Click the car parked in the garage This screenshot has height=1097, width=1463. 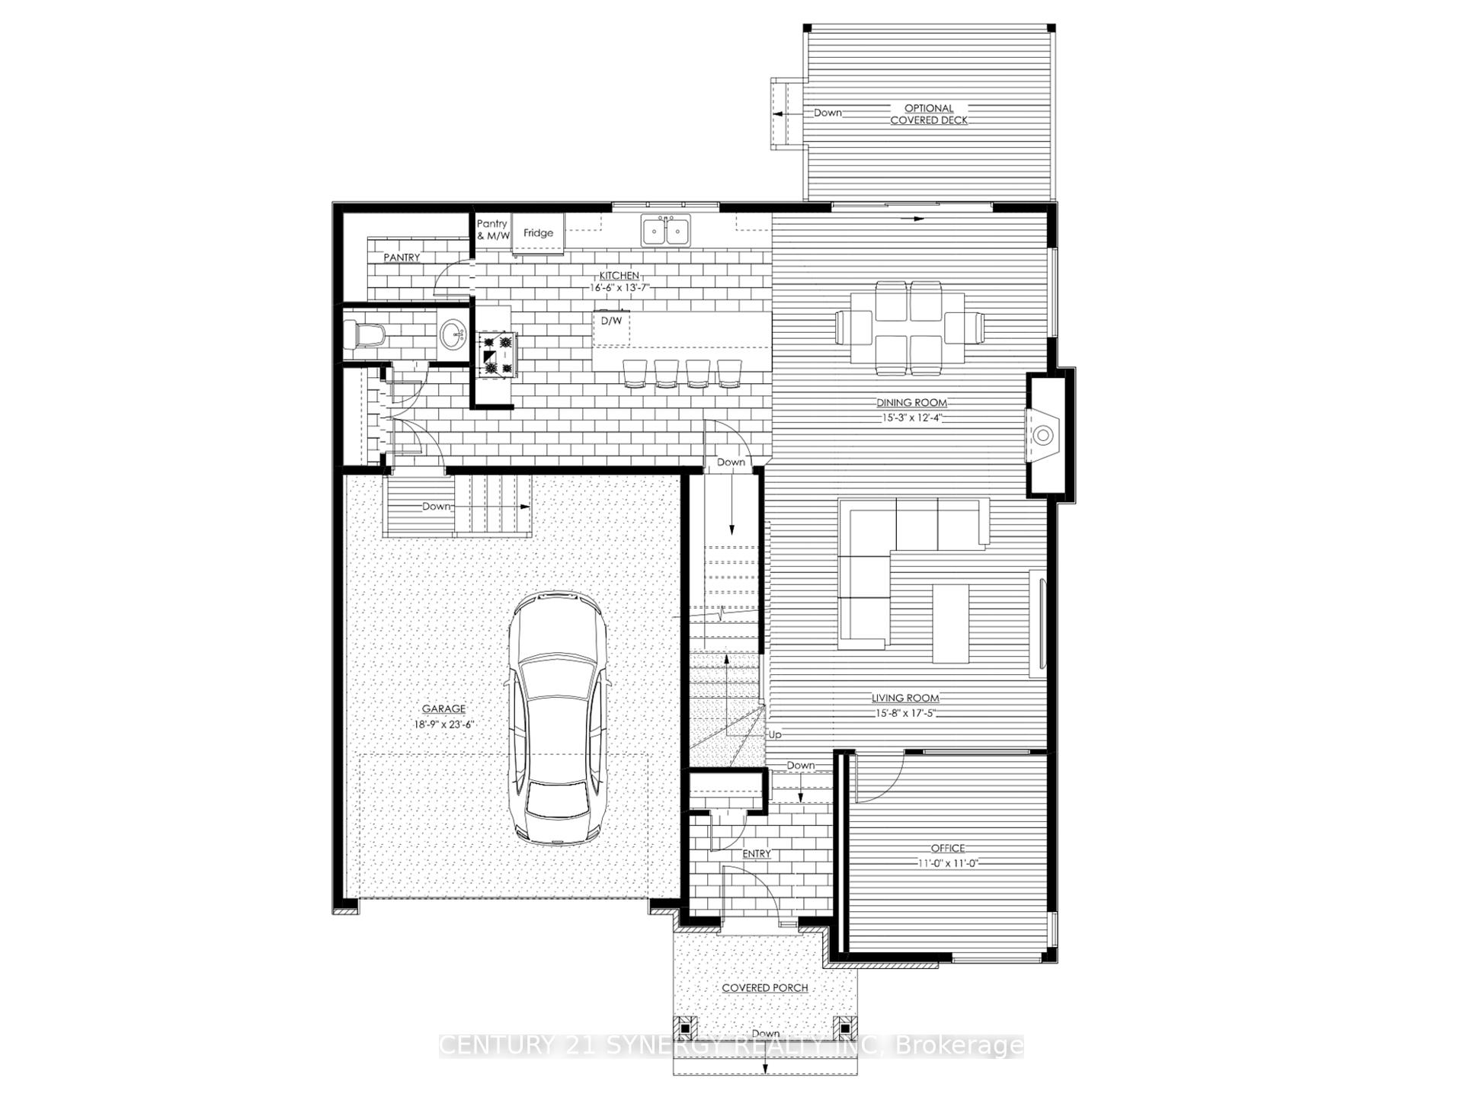pyautogui.click(x=559, y=718)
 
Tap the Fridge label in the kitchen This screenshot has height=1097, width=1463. pyautogui.click(x=538, y=233)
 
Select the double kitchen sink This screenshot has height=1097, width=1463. pyautogui.click(x=665, y=230)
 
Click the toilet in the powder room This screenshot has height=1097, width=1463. pyautogui.click(x=364, y=335)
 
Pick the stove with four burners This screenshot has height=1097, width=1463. pyautogui.click(x=497, y=354)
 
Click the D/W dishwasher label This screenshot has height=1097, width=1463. pyautogui.click(x=611, y=321)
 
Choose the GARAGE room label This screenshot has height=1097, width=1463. pyautogui.click(x=443, y=709)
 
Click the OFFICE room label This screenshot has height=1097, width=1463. pyautogui.click(x=947, y=848)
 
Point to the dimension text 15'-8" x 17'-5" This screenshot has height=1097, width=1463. pyautogui.click(x=905, y=714)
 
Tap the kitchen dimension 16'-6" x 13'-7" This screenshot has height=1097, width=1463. pyautogui.click(x=619, y=288)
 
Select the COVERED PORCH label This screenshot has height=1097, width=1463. pyautogui.click(x=765, y=988)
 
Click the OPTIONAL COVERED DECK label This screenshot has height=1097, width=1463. pyautogui.click(x=929, y=114)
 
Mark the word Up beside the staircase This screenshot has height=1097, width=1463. pyautogui.click(x=775, y=735)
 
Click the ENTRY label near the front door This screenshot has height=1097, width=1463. pyautogui.click(x=757, y=854)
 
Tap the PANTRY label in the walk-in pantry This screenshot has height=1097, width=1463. pyautogui.click(x=402, y=257)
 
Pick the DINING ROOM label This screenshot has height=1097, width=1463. pyautogui.click(x=911, y=403)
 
